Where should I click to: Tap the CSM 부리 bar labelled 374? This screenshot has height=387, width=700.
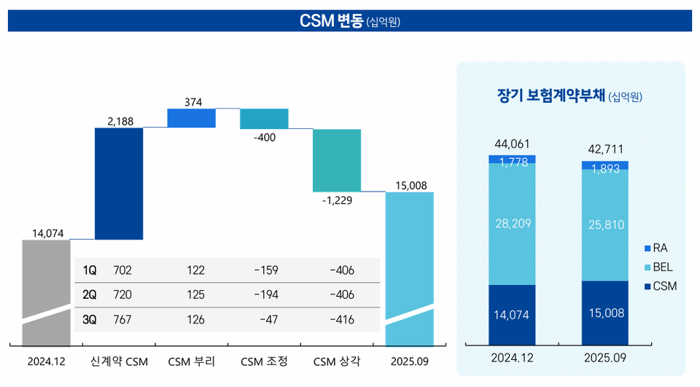191,118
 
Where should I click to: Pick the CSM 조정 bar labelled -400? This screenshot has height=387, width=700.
264,118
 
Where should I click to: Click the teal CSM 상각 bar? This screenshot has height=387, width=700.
337,160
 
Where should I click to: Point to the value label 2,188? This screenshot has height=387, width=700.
120,121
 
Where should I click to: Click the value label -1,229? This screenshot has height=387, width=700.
337,200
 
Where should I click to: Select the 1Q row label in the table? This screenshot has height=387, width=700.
89,270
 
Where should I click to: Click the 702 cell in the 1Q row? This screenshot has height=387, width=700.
123,270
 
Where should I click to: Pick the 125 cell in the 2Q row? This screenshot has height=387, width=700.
195,295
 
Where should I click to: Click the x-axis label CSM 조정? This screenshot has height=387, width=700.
264,361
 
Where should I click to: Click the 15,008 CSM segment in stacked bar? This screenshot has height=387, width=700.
604,313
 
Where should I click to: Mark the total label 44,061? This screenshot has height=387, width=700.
512,144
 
